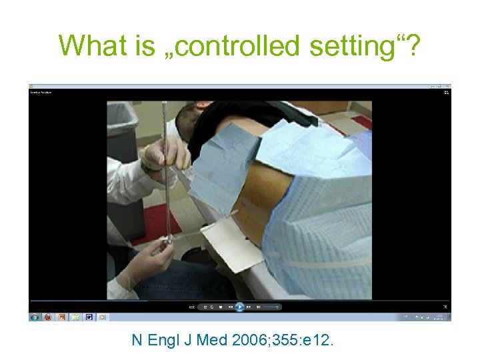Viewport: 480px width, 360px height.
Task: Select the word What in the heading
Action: pos(85,46)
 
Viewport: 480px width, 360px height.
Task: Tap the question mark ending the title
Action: pos(412,46)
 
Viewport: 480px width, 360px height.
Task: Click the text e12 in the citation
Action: pos(321,341)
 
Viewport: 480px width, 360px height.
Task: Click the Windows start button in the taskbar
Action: pos(35,317)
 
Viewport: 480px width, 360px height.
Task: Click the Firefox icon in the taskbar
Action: pos(48,317)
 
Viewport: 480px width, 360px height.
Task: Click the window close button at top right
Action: pos(447,87)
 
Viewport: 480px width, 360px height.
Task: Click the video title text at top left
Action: pos(41,92)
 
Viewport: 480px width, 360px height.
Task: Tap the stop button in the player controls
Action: pos(221,307)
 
